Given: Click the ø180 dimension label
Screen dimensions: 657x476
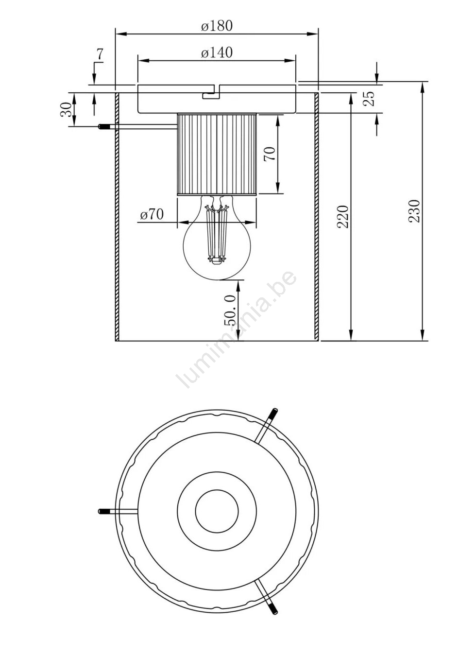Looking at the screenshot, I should [217, 26].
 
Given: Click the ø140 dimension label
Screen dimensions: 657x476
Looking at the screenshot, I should [217, 52].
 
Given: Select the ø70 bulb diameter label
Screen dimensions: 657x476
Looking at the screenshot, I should [152, 214].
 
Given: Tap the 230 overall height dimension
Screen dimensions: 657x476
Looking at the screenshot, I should [414, 211].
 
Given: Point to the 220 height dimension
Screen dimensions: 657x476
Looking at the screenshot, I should [343, 217].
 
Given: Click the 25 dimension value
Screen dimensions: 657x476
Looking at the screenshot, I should [370, 99].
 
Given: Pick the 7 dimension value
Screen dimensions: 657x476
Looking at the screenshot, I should [100, 55].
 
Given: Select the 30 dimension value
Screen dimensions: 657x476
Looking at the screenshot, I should [67, 109].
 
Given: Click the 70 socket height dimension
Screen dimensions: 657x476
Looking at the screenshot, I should [270, 154].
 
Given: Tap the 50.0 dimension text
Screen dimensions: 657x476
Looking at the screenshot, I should [230, 310].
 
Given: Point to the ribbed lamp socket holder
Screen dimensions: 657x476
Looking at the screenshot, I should [217, 154].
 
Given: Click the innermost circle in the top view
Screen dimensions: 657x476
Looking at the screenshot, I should [217, 511].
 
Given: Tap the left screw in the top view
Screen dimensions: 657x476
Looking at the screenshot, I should [104, 511].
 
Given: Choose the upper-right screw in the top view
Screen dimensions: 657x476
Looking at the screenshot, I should [273, 414].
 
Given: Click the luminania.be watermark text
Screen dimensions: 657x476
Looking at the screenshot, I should [238, 330].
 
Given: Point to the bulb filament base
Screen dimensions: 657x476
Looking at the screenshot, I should [217, 262].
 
